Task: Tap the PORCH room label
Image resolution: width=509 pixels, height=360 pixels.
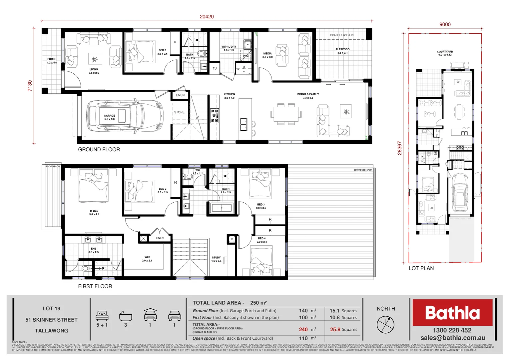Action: pyautogui.click(x=52, y=61)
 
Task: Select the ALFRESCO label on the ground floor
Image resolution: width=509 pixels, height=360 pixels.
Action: pyautogui.click(x=342, y=51)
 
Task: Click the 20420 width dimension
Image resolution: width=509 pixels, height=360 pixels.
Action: pyautogui.click(x=207, y=17)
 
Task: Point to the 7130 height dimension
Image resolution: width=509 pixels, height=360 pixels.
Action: pyautogui.click(x=30, y=86)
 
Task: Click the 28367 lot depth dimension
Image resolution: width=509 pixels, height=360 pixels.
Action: pyautogui.click(x=399, y=148)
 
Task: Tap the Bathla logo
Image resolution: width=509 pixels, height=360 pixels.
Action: pyautogui.click(x=452, y=313)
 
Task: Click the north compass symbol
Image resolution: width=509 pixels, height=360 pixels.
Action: pyautogui.click(x=385, y=324)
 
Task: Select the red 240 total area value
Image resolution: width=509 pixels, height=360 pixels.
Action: pyautogui.click(x=303, y=329)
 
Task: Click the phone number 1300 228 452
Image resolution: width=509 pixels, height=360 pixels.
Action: pyautogui.click(x=452, y=330)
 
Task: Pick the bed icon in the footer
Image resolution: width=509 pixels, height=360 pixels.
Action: pyautogui.click(x=102, y=315)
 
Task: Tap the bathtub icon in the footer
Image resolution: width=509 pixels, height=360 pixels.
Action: pyautogui.click(x=126, y=316)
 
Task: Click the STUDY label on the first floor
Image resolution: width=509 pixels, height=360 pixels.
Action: pyautogui.click(x=216, y=259)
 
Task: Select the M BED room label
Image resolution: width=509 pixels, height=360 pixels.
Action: pyautogui.click(x=94, y=213)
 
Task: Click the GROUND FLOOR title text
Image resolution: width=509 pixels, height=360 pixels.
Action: pyautogui.click(x=99, y=150)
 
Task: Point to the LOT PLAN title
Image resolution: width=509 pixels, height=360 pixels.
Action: pyautogui.click(x=421, y=268)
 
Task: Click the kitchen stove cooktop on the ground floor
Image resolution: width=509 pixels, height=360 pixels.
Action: pyautogui.click(x=215, y=115)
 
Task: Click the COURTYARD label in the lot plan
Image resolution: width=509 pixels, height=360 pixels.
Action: pyautogui.click(x=445, y=53)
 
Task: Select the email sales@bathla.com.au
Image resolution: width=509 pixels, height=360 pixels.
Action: pyautogui.click(x=453, y=338)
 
